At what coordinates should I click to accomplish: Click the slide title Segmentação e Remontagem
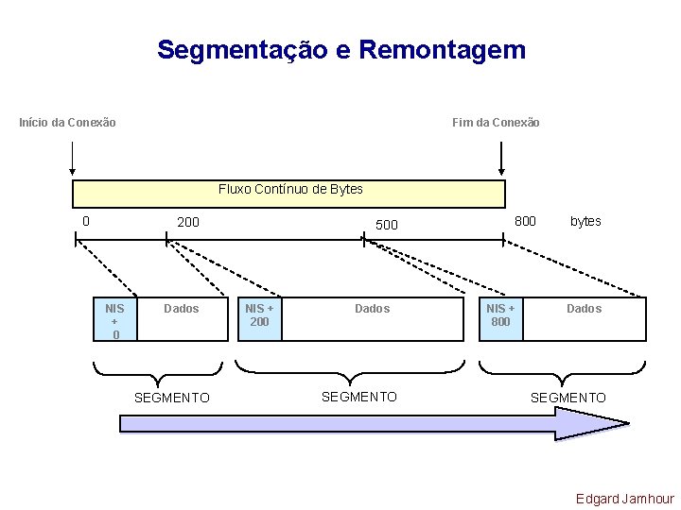[x=341, y=50]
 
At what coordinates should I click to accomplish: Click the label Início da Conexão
[x=68, y=123]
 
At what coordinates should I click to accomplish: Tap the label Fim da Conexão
[x=496, y=123]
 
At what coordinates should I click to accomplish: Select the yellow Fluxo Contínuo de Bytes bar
[x=289, y=193]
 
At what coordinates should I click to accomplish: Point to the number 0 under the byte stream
[x=86, y=222]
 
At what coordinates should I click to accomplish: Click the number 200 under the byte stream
[x=188, y=222]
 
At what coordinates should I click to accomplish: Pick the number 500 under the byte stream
[x=387, y=225]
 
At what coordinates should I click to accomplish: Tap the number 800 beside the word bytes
[x=525, y=221]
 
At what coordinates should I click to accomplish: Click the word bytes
[x=585, y=221]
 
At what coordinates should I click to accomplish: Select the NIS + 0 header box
[x=115, y=321]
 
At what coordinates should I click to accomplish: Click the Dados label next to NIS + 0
[x=182, y=309]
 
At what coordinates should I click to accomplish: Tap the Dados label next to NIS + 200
[x=373, y=309]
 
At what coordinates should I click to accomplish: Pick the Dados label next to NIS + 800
[x=584, y=309]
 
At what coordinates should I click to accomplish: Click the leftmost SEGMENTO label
[x=172, y=399]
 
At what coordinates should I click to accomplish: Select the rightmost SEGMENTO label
[x=567, y=399]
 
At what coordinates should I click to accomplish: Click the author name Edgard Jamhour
[x=625, y=499]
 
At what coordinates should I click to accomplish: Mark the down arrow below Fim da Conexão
[x=501, y=161]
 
